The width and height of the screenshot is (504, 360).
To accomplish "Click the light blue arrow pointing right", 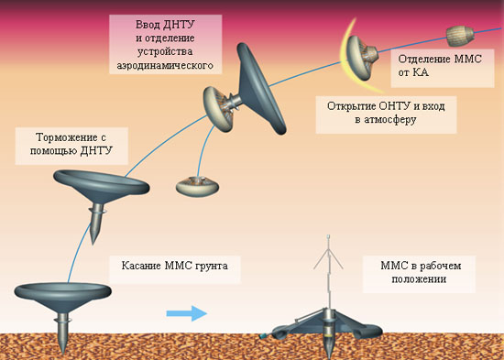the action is [187, 313].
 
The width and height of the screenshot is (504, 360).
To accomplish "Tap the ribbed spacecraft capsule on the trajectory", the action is [460, 36].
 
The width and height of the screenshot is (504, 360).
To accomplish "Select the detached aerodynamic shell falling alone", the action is [197, 187].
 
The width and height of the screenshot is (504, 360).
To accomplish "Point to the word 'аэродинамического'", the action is [165, 65].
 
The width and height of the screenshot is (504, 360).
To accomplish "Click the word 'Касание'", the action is [142, 266].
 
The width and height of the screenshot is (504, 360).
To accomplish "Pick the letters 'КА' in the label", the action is [421, 72].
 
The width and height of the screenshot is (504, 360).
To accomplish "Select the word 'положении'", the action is [419, 279].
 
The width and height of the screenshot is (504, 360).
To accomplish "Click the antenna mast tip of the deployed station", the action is [328, 236].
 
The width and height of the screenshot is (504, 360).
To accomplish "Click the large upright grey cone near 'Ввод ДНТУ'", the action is [260, 88].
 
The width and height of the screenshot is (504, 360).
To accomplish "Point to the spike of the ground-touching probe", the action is [63, 333].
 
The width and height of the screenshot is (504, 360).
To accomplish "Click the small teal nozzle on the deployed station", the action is [263, 336].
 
